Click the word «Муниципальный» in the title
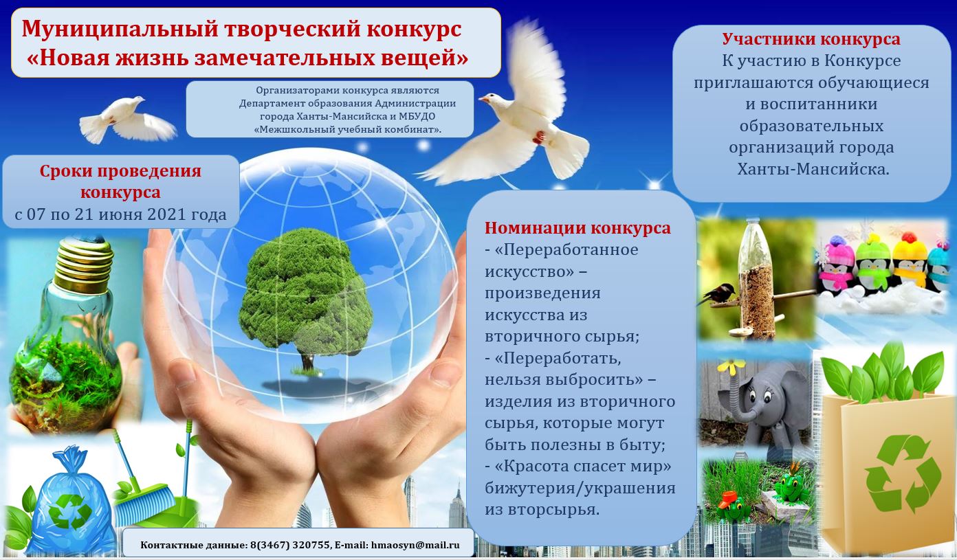pos(120,30)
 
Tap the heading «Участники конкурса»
pos(811,39)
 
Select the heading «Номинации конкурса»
pos(577,228)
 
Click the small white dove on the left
pos(127,120)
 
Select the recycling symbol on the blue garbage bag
pos(70,511)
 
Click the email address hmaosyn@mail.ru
pos(415,545)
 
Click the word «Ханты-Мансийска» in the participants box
pos(813,170)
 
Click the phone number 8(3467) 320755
pos(290,545)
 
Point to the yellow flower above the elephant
pos(731,366)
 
